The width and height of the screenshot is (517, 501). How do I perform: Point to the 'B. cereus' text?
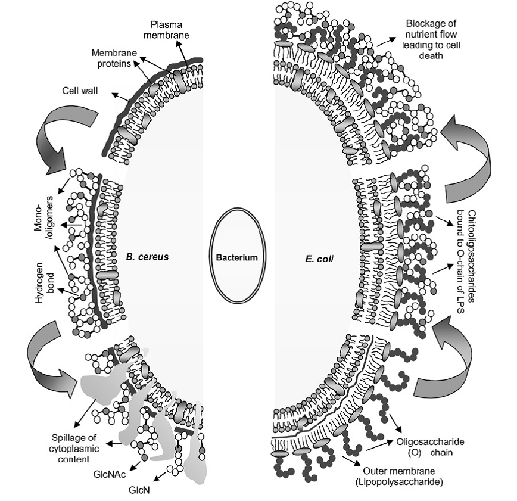coord(148,257)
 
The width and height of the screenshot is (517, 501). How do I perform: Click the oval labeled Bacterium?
coord(236,257)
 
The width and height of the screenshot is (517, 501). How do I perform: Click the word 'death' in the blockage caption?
coord(420,55)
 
